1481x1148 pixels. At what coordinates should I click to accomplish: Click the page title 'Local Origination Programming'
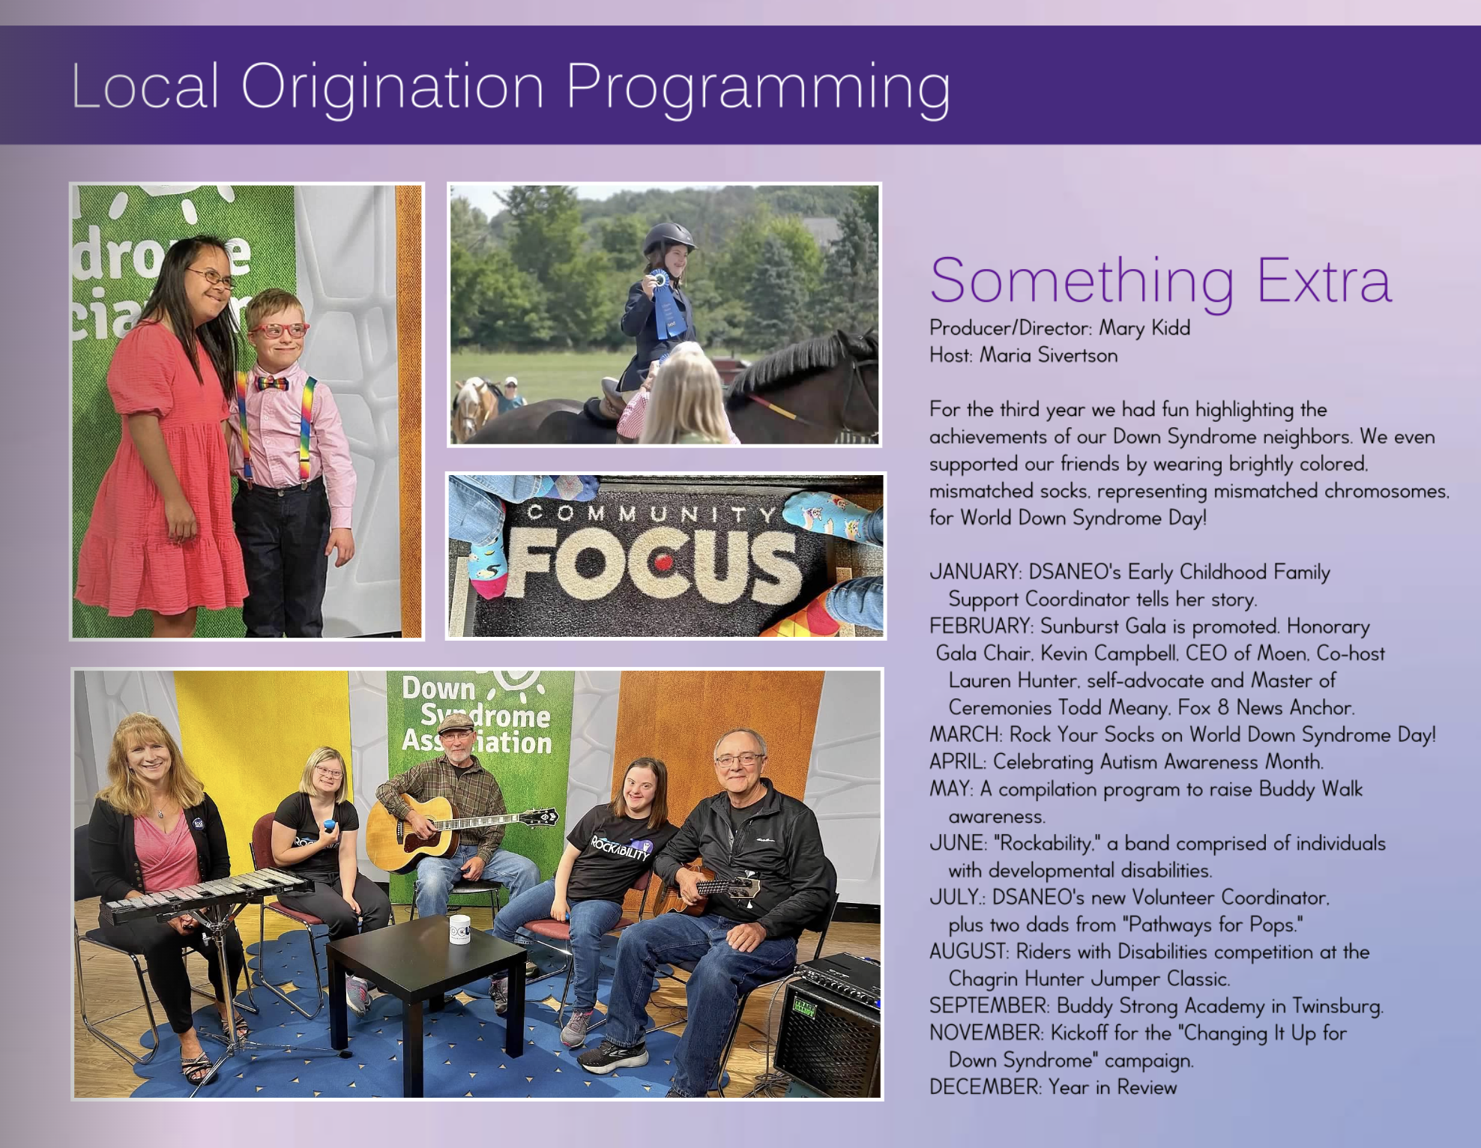click(x=510, y=88)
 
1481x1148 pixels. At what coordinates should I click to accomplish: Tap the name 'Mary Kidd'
click(x=1144, y=328)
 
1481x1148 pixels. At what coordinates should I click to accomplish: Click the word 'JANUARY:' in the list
click(x=975, y=572)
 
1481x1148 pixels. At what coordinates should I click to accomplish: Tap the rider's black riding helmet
click(x=669, y=237)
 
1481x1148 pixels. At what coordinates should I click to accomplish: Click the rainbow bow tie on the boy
click(x=272, y=384)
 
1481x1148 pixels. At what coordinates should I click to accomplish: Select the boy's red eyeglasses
click(x=279, y=330)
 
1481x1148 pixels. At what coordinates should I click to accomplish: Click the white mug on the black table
click(x=459, y=929)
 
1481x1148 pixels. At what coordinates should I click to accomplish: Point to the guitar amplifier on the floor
click(x=827, y=1024)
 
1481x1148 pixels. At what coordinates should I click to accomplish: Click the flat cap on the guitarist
click(x=456, y=723)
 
